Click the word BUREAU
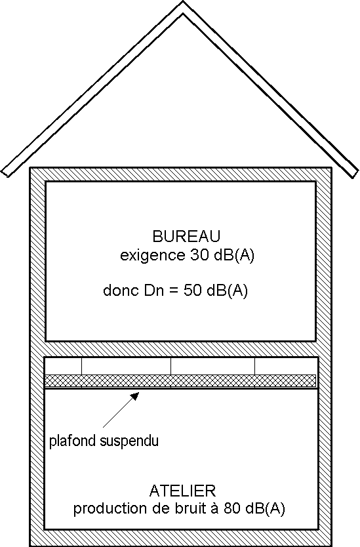[x=186, y=236]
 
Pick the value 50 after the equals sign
[x=192, y=291]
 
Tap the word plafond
[x=72, y=441]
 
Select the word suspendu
[x=129, y=441]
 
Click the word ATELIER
[x=183, y=491]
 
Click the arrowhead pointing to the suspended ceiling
[x=134, y=395]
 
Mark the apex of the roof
[x=183, y=2]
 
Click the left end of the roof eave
[x=5, y=174]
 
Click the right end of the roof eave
[x=355, y=174]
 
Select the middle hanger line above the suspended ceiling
[x=171, y=366]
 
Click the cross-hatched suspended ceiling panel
[x=180, y=380]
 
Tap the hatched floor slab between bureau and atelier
[x=181, y=349]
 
